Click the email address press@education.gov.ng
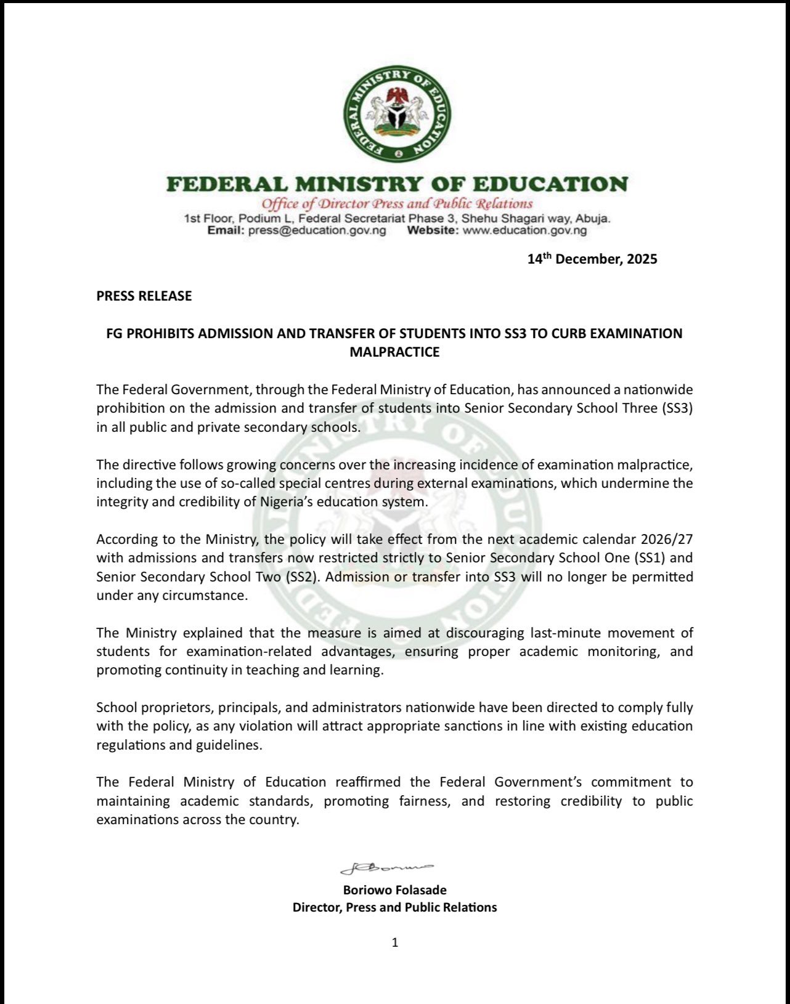317,230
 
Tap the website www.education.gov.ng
524,230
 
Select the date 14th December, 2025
592,259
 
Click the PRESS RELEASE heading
144,296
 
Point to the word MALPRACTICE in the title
394,352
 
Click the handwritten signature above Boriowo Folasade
387,868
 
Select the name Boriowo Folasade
394,890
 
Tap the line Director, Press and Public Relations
394,907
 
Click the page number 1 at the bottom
395,942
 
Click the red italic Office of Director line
396,204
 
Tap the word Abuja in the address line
592,219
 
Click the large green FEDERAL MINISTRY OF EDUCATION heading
397,184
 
